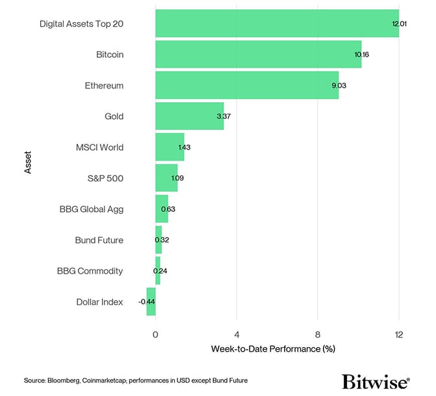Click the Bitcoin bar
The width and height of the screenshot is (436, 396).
258,55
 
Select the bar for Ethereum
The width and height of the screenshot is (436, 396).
247,85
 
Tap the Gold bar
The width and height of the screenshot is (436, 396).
189,116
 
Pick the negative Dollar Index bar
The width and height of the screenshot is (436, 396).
151,302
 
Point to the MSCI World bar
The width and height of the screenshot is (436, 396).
170,147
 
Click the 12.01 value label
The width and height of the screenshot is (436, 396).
399,23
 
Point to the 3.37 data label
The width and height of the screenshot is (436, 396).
224,116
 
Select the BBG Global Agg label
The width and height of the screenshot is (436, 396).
91,209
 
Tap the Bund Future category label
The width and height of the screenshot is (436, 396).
99,240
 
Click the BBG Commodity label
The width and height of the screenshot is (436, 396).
90,271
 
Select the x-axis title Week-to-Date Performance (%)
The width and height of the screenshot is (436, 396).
273,349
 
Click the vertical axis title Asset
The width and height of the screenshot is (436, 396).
27,163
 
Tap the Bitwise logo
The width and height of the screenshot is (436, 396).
376,380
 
